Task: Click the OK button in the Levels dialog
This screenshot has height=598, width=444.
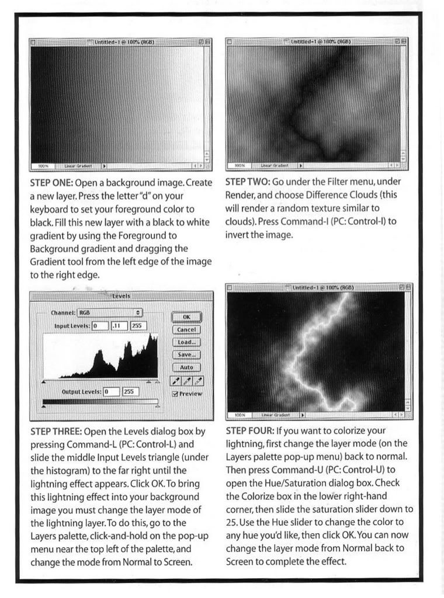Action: click(186, 317)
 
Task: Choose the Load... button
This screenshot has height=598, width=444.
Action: click(186, 342)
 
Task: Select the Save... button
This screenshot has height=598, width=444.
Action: click(186, 354)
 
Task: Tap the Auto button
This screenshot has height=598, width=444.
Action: click(186, 367)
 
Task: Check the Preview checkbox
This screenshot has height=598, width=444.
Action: click(175, 394)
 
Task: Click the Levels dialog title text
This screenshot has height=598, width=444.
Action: click(121, 297)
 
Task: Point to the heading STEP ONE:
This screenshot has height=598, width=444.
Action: click(51, 183)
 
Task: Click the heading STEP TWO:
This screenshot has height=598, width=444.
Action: click(247, 182)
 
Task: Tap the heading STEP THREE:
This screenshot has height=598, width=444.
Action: click(56, 432)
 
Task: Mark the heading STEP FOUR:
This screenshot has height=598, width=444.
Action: click(250, 432)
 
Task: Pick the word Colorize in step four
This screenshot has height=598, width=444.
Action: click(255, 496)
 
